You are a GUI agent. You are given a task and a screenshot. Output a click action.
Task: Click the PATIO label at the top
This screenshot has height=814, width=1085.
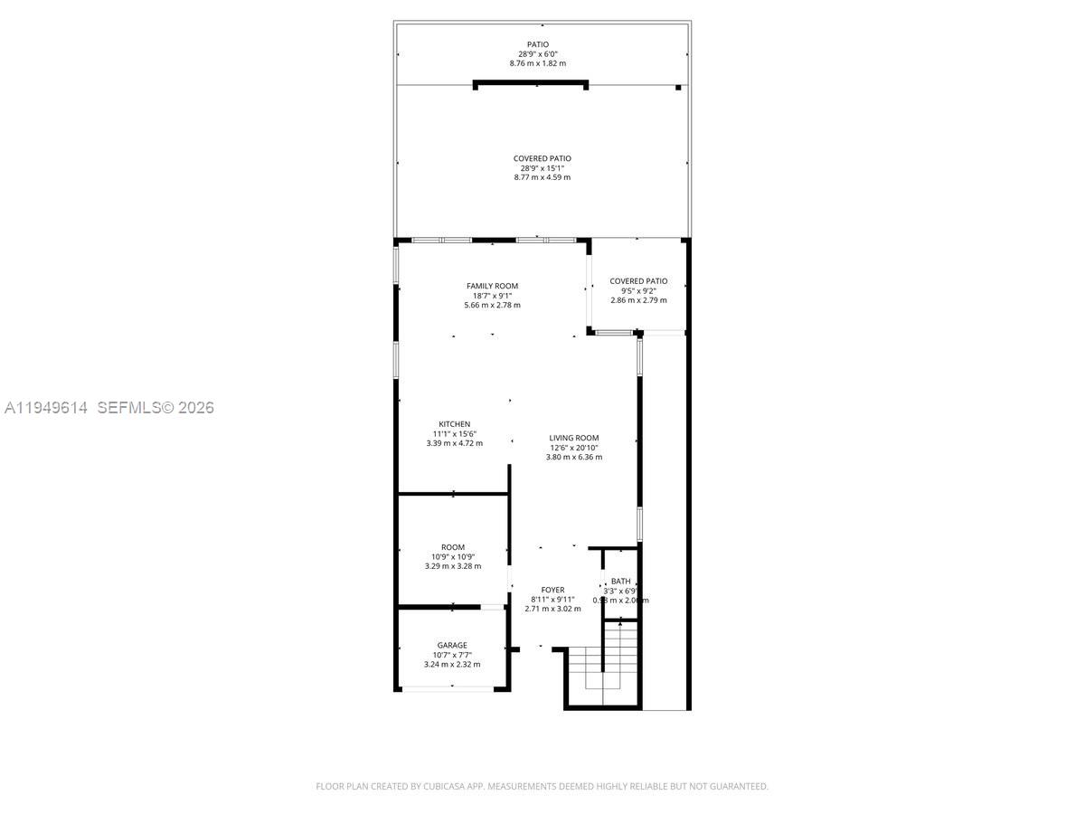click(x=538, y=44)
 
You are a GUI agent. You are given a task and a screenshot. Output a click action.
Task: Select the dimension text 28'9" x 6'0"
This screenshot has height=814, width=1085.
click(x=538, y=54)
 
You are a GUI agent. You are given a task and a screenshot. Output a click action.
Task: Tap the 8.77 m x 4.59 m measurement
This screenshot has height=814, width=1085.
click(x=542, y=177)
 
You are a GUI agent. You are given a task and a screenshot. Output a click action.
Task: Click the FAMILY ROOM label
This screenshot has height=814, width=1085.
click(x=492, y=286)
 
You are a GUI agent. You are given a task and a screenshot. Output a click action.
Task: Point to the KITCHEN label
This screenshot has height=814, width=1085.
click(x=454, y=424)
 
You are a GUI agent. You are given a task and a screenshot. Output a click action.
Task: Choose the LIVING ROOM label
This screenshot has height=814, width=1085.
click(x=574, y=438)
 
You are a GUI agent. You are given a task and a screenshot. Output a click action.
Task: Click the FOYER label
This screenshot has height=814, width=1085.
click(x=552, y=590)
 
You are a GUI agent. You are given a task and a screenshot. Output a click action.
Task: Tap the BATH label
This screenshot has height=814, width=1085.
click(x=620, y=582)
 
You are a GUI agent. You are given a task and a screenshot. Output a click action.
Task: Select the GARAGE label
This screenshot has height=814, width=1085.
click(x=453, y=645)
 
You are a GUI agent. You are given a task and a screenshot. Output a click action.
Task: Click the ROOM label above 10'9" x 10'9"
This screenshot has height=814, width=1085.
click(x=453, y=547)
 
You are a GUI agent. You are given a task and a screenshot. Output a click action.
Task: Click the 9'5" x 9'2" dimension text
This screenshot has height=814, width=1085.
click(x=638, y=290)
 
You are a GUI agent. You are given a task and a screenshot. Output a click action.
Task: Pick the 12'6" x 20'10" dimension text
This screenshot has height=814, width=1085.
click(x=574, y=448)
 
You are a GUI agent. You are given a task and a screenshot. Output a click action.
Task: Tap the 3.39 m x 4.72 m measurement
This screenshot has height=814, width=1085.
click(x=454, y=443)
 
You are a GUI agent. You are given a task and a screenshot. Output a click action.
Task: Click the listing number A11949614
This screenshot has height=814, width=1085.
click(x=46, y=408)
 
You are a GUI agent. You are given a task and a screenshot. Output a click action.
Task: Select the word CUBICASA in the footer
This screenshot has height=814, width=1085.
click(x=445, y=787)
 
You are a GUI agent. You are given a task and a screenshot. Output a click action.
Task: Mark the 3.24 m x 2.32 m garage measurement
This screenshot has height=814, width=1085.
click(x=453, y=665)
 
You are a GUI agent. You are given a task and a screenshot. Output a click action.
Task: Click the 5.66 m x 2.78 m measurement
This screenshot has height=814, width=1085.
click(x=492, y=305)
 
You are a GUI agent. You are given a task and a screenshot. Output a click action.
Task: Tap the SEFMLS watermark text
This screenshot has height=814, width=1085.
click(x=128, y=408)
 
